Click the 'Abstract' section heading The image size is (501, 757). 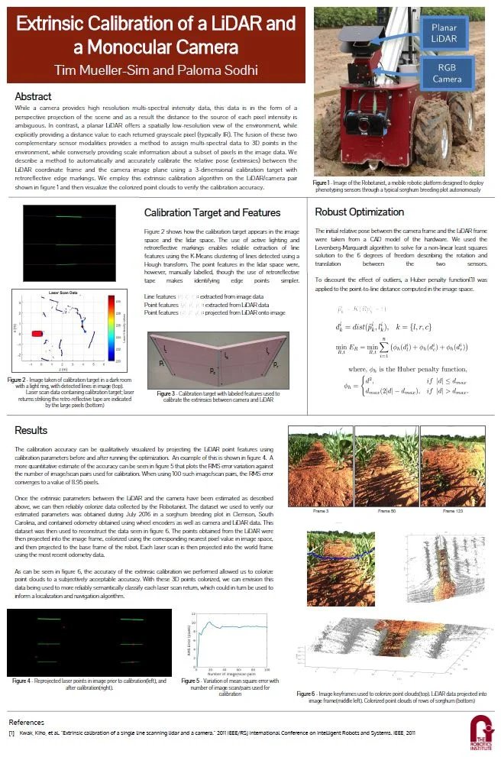[33, 96]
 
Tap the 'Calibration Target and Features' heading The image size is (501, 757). [212, 212]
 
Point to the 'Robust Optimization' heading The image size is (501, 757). [359, 212]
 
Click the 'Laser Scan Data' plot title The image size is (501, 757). [65, 293]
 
